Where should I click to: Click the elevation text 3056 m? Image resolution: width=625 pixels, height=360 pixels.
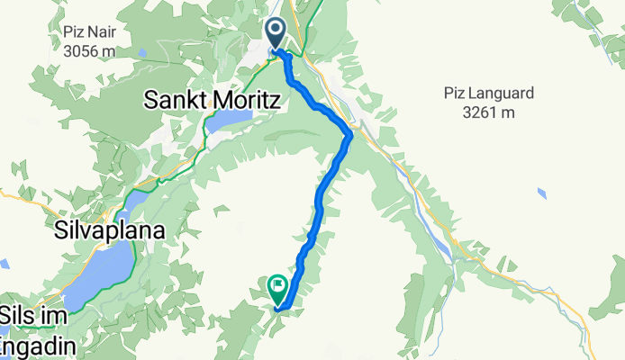coord(89,50)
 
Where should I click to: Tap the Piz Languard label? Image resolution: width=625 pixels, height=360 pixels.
coord(491,93)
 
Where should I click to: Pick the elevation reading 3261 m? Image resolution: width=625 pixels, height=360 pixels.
coord(491,112)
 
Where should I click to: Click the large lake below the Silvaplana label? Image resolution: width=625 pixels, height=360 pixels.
coord(99,274)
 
